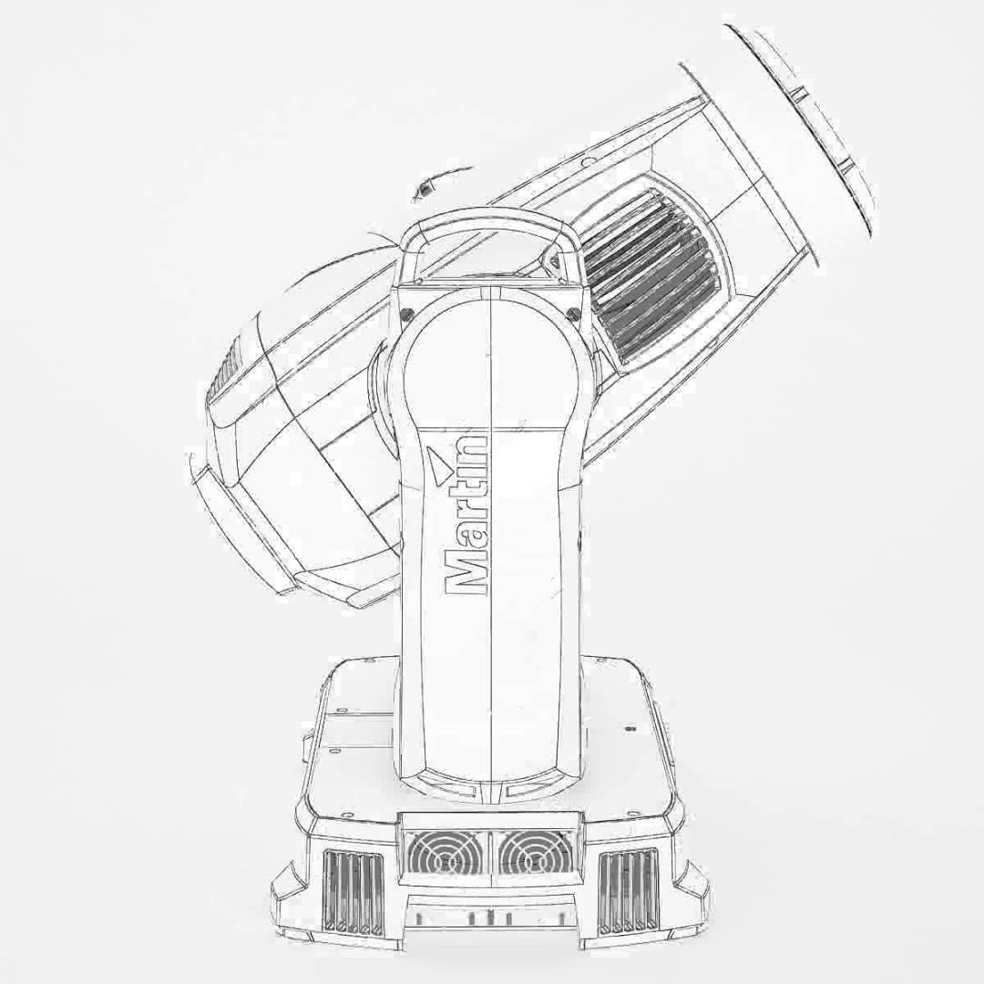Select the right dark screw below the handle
tap(573, 314)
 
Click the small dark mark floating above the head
tap(423, 191)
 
